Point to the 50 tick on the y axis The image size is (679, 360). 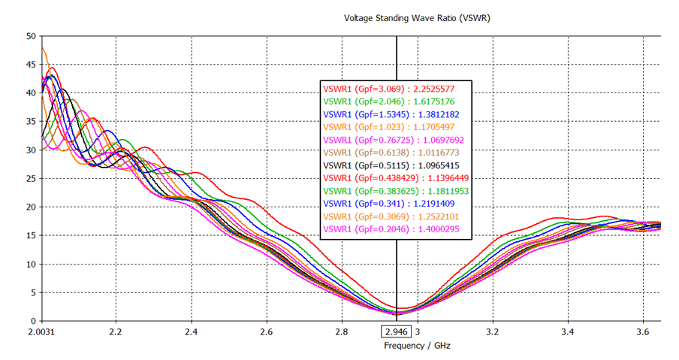(30, 36)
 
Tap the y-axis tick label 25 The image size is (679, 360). (30, 178)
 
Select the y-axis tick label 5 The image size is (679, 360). (32, 292)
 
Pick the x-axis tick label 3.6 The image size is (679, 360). (642, 331)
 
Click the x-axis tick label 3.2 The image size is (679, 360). (492, 331)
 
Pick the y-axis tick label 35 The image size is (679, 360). (30, 122)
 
